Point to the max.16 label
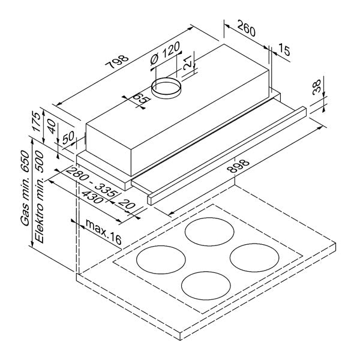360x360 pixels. coord(103,226)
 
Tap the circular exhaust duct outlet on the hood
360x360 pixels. coord(166,88)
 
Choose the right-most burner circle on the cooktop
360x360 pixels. coord(253,257)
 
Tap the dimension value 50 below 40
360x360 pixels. coord(68,136)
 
